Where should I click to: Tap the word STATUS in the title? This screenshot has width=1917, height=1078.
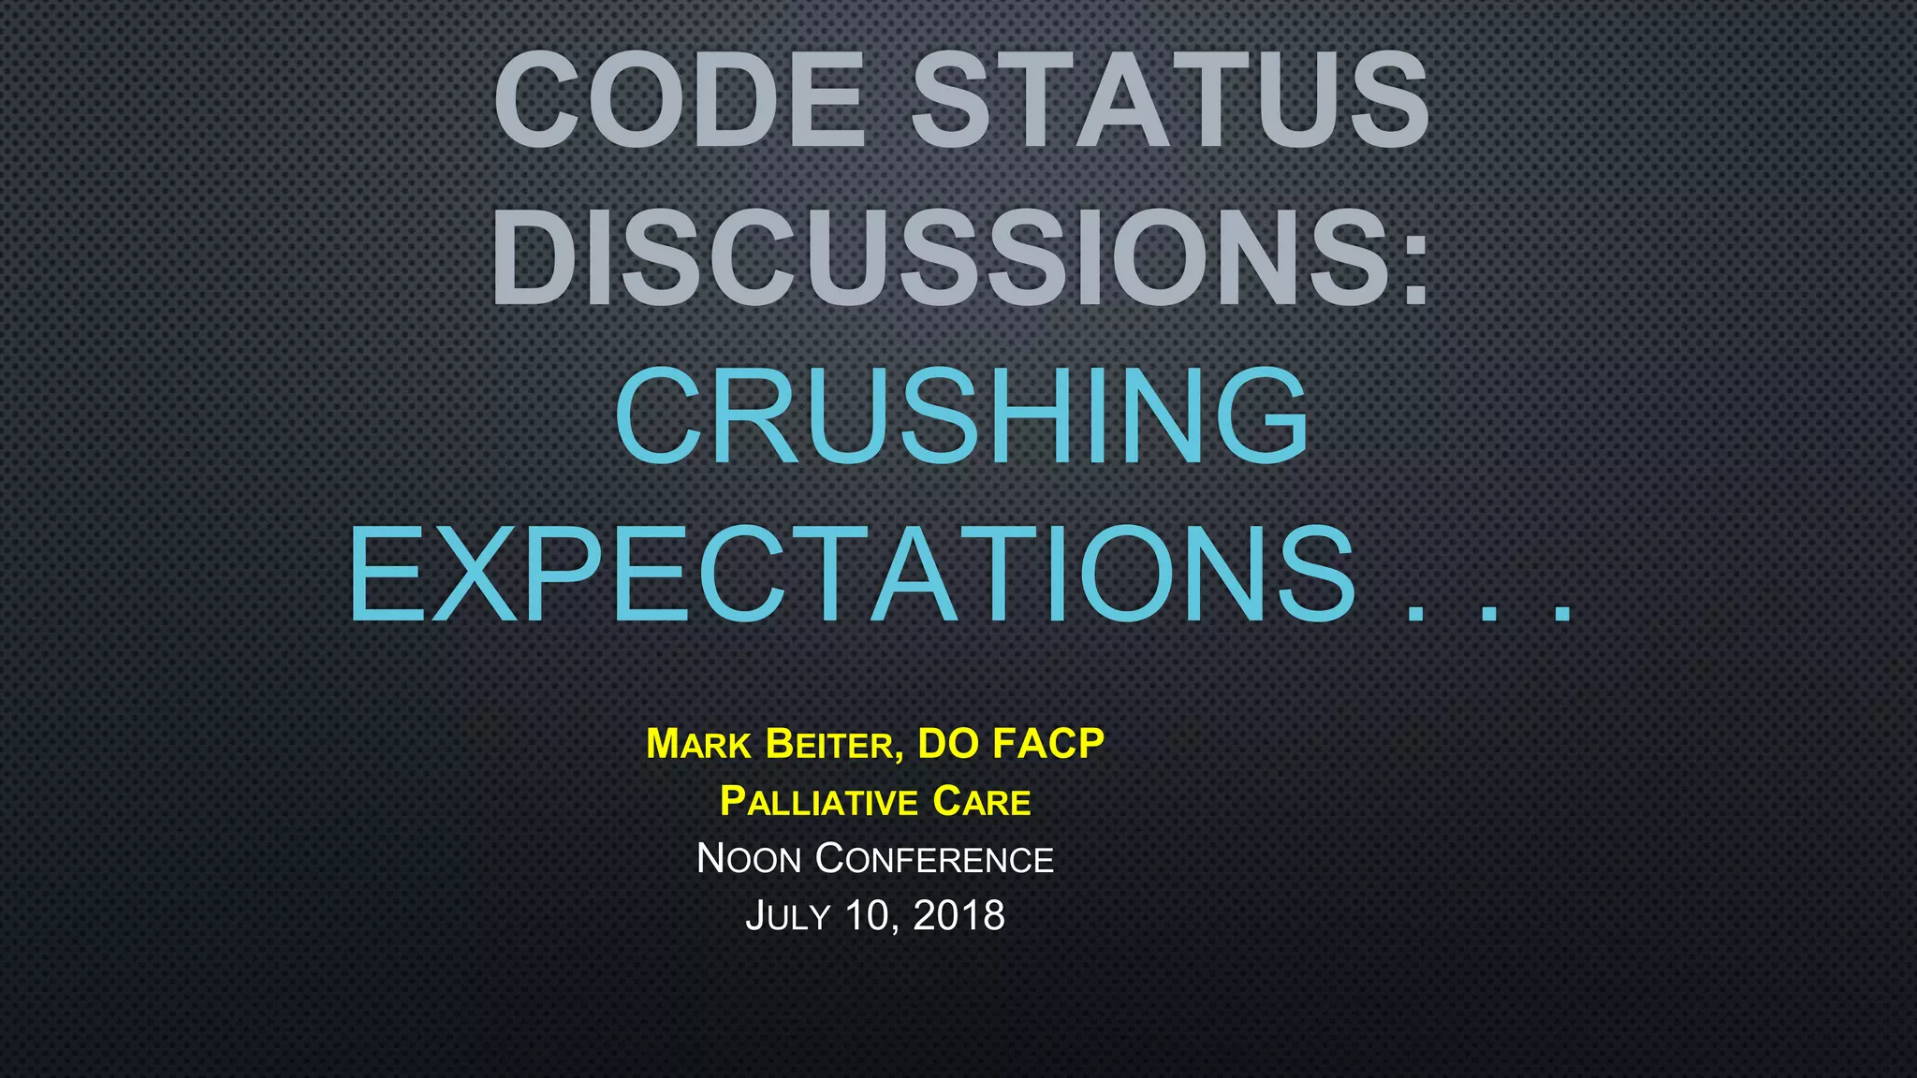pyautogui.click(x=1171, y=100)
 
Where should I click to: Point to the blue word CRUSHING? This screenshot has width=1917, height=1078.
pyautogui.click(x=961, y=415)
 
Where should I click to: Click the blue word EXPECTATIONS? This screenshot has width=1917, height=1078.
pyautogui.click(x=852, y=574)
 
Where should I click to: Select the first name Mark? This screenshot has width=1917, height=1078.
pyautogui.click(x=699, y=745)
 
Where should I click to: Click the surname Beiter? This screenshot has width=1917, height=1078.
pyautogui.click(x=829, y=745)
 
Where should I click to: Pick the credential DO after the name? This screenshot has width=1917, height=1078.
pyautogui.click(x=948, y=744)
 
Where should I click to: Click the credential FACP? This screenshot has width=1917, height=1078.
pyautogui.click(x=1048, y=744)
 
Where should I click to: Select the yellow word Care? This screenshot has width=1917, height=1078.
pyautogui.click(x=982, y=802)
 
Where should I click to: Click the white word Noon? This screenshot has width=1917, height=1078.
pyautogui.click(x=750, y=859)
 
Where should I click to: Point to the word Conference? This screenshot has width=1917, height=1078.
pyautogui.click(x=934, y=859)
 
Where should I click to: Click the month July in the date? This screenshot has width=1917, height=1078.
pyautogui.click(x=788, y=916)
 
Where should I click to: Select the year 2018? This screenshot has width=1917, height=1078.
pyautogui.click(x=958, y=915)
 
